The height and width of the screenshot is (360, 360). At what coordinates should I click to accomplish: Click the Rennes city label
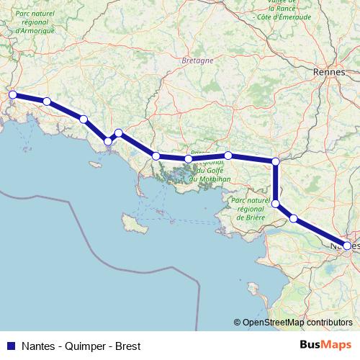[330, 73]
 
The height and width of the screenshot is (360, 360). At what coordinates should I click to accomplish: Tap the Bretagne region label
[198, 61]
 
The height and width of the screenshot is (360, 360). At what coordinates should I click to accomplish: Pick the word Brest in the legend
[127, 345]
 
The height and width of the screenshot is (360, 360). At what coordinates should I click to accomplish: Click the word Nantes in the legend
[38, 345]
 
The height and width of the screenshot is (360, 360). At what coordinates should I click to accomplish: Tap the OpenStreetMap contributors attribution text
[297, 323]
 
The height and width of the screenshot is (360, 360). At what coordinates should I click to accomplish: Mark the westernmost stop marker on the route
[12, 94]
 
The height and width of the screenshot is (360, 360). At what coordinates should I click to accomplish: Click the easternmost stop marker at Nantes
[347, 246]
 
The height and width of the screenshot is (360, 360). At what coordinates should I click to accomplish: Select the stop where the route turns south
[276, 161]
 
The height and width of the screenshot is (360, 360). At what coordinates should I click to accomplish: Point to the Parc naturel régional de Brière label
[251, 209]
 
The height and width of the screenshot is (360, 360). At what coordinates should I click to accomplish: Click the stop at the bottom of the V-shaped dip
[108, 141]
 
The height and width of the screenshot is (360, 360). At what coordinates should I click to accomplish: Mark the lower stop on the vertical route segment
[276, 204]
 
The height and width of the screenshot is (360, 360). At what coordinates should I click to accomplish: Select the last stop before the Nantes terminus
[294, 217]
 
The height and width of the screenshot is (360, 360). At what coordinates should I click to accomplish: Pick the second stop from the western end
[47, 102]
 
